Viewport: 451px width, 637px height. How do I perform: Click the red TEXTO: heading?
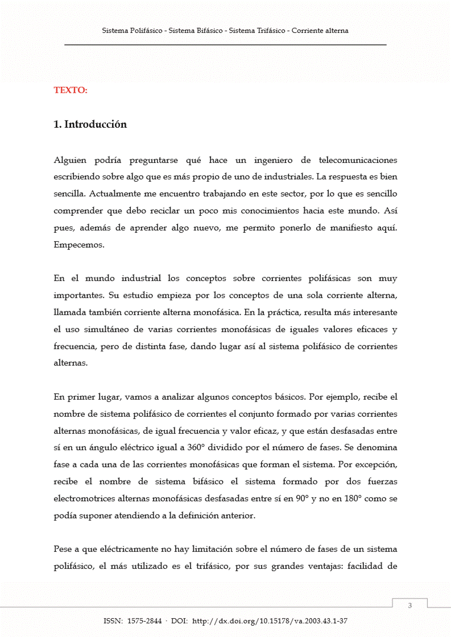point(70,90)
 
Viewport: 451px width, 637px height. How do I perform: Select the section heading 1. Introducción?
point(90,124)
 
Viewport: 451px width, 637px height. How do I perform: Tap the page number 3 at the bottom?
point(409,605)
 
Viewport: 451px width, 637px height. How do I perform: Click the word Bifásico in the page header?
point(210,30)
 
